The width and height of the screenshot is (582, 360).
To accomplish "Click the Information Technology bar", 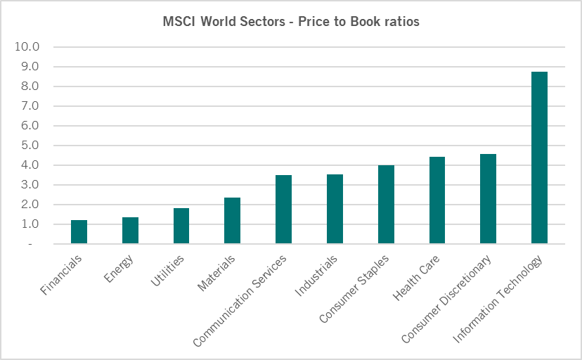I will pos(539,158).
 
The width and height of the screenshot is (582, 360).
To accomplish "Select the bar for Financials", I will pos(79,232).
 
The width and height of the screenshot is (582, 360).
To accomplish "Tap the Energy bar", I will pos(130,231).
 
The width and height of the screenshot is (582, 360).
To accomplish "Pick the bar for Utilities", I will pos(181,226).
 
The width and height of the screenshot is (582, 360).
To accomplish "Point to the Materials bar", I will pos(232,221).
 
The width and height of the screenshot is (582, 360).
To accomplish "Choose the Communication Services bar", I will pos(283,210).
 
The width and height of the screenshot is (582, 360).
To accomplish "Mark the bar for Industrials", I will pos(335,209).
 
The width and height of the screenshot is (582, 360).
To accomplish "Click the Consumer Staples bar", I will pos(386,205).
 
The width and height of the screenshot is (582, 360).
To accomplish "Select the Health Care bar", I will pos(437,200).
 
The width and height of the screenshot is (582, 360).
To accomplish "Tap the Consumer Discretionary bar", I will pos(488,199).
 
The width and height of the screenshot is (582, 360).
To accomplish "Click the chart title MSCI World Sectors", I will pos(291,22).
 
